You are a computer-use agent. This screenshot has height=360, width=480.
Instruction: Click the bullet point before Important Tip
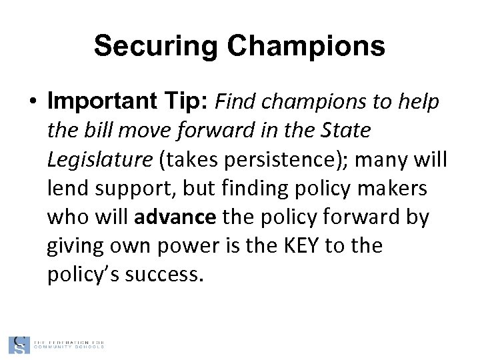tap(32, 103)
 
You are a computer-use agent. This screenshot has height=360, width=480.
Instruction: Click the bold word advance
tap(175, 218)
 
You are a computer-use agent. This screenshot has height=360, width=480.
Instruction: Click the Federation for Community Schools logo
tap(56, 344)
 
